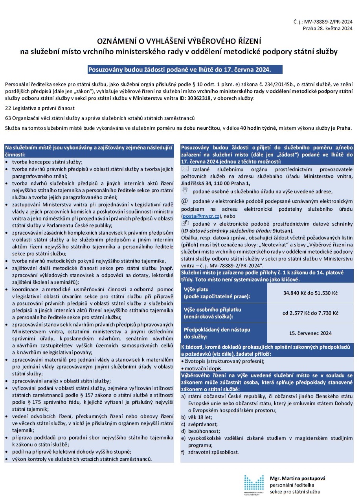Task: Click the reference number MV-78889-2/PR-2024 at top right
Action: click(x=333, y=22)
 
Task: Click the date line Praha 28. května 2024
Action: click(x=327, y=28)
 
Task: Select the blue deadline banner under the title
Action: click(x=179, y=70)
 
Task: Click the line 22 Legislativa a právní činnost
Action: click(x=40, y=108)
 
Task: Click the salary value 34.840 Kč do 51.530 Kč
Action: click(x=310, y=293)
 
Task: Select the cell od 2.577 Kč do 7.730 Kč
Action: click(x=310, y=313)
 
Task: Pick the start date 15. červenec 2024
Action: click(x=310, y=333)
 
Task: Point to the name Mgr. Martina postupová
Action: click(x=298, y=478)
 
